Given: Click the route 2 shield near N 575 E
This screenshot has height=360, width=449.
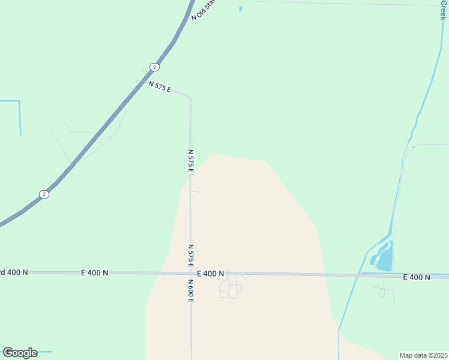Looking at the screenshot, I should click(x=154, y=67).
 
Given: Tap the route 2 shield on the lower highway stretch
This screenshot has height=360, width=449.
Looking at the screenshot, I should click(x=44, y=194).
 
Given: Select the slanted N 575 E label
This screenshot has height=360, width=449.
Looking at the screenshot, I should click(x=160, y=86).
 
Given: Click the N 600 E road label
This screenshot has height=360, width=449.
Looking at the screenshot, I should click(x=190, y=290).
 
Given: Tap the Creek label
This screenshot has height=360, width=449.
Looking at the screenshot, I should click(x=442, y=9).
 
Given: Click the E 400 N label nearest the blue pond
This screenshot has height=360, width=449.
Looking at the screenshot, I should click(x=417, y=277).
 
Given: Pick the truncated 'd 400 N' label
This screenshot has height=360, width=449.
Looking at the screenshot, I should click(x=14, y=272).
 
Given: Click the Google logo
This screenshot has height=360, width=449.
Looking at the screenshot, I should click(x=20, y=353).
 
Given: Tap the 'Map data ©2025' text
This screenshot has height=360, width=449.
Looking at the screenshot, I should click(x=423, y=355).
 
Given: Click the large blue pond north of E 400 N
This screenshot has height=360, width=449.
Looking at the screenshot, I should click(x=383, y=256).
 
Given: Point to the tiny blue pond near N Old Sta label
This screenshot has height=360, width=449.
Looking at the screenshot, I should click(x=241, y=8).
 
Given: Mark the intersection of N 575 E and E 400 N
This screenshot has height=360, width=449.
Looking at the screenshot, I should click(x=191, y=273).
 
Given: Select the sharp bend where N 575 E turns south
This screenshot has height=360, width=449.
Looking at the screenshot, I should click(x=190, y=98).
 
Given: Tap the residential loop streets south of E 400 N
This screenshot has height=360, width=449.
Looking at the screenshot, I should click(x=231, y=289).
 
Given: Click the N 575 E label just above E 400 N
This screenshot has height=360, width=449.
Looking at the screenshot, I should click(x=191, y=256).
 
